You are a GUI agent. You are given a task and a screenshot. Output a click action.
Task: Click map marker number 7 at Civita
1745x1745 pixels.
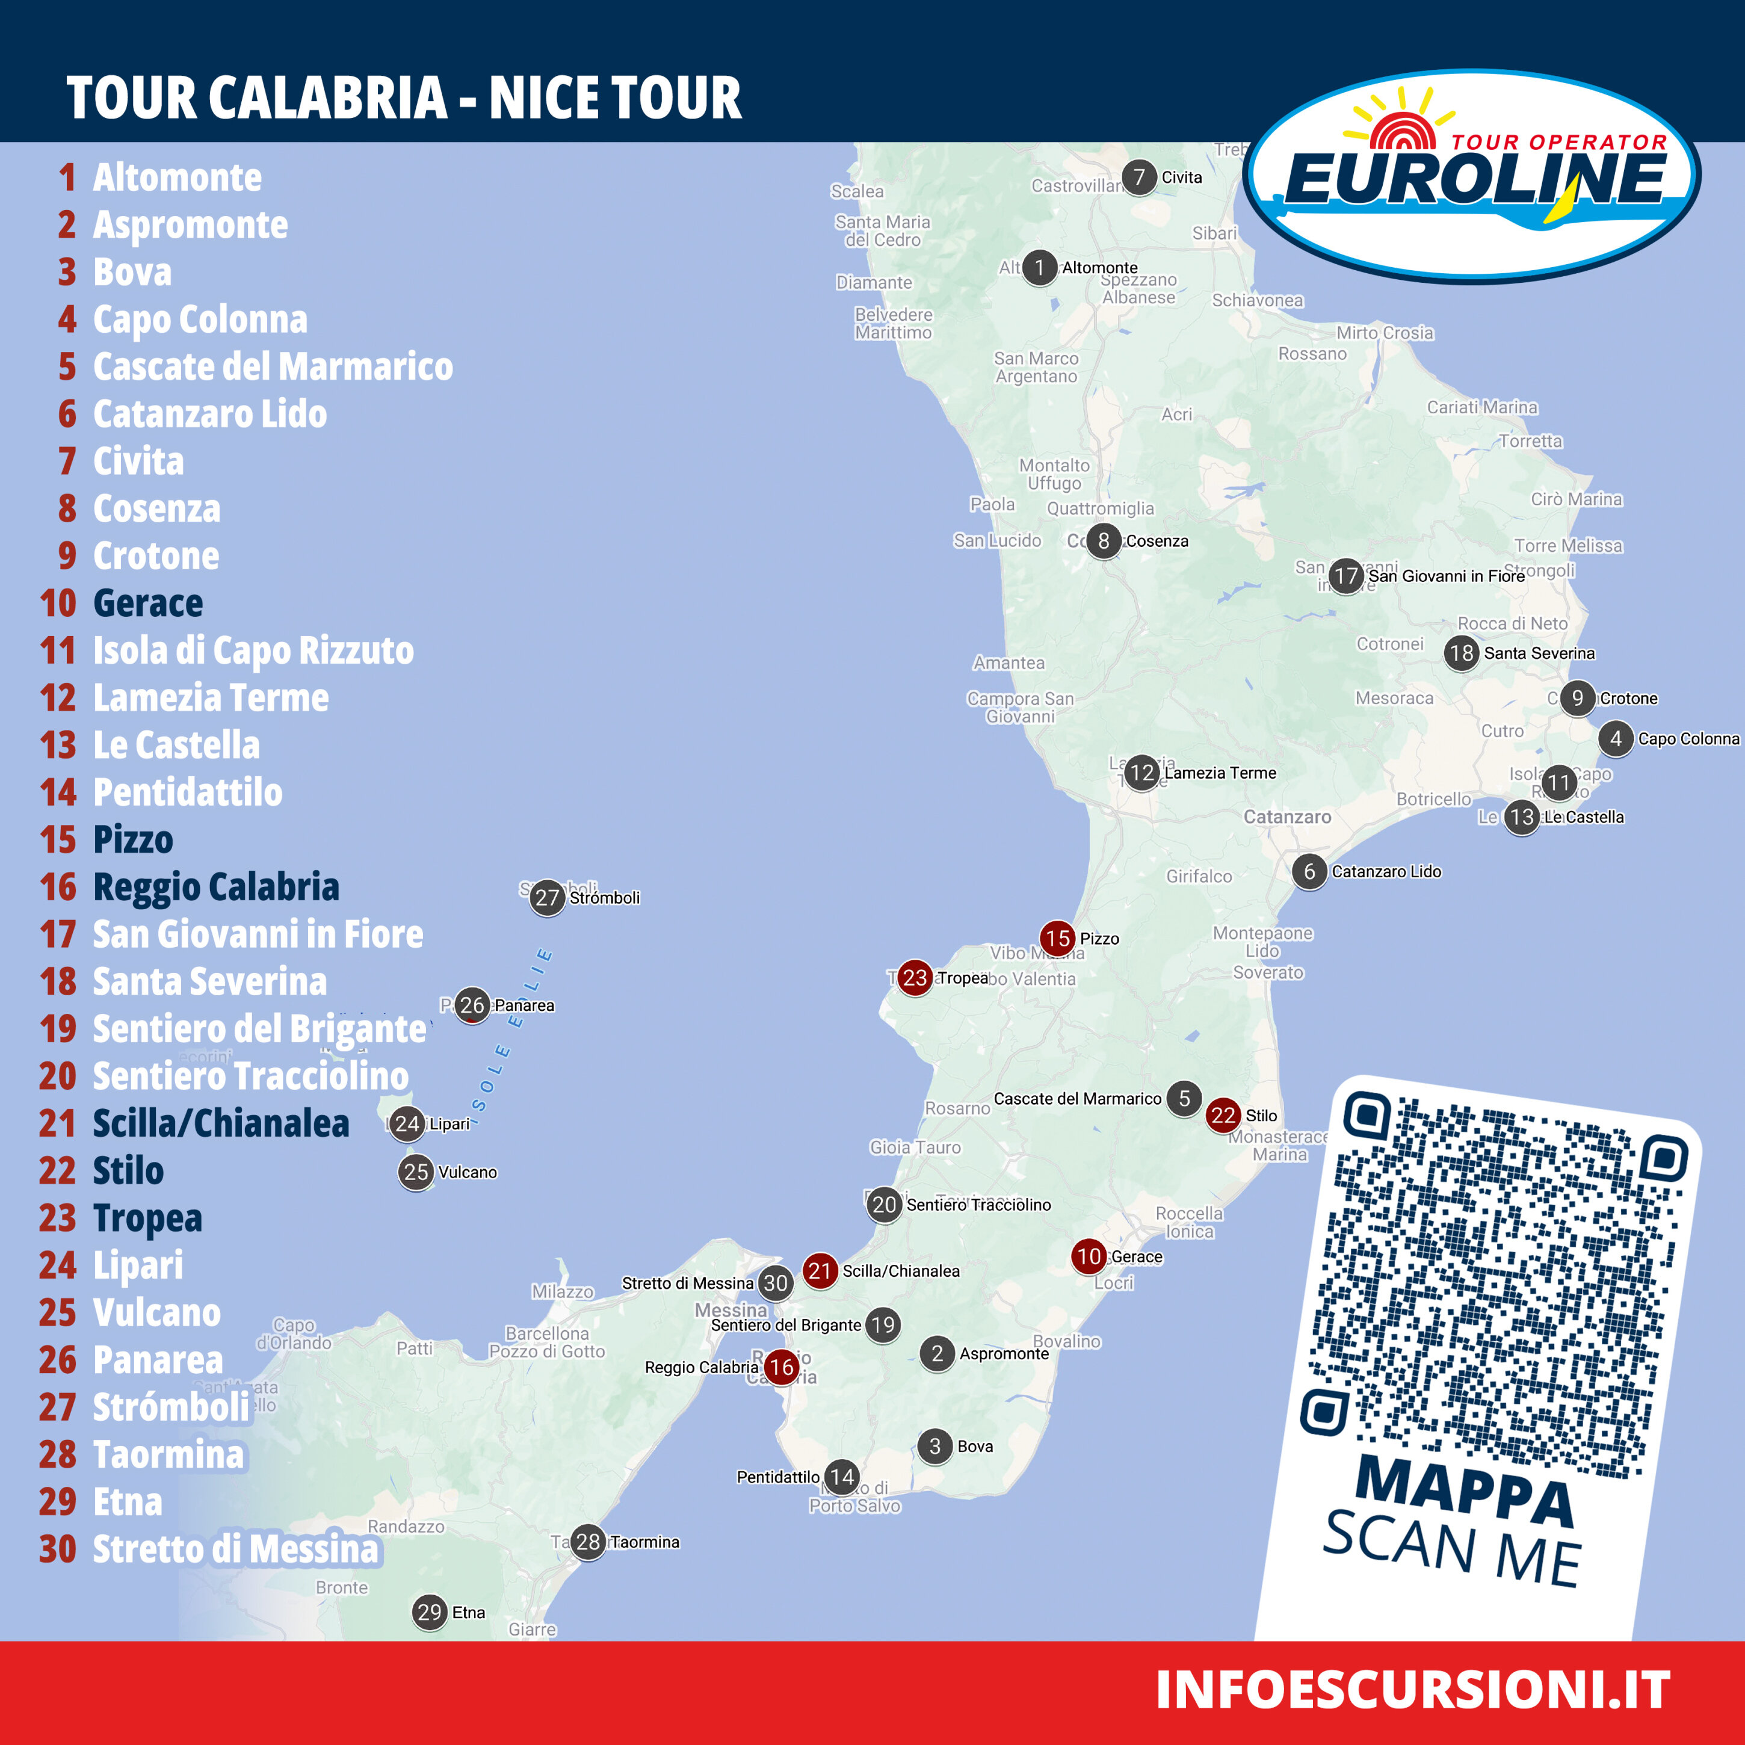pyautogui.click(x=1139, y=177)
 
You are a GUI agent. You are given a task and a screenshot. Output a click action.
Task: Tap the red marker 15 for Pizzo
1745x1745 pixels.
pyautogui.click(x=1058, y=939)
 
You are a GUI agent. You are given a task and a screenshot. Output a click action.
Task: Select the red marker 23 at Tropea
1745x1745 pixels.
pyautogui.click(x=915, y=977)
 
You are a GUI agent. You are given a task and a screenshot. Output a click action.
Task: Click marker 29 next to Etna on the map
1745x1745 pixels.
pyautogui.click(x=430, y=1612)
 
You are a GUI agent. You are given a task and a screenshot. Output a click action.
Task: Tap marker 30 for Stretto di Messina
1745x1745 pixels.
pyautogui.click(x=776, y=1282)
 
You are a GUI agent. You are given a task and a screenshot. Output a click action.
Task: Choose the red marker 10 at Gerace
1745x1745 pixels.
pyautogui.click(x=1089, y=1256)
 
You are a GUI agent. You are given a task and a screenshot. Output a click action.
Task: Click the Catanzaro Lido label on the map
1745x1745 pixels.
pyautogui.click(x=1386, y=871)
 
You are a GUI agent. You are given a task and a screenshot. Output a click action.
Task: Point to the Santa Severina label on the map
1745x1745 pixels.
pyautogui.click(x=1539, y=653)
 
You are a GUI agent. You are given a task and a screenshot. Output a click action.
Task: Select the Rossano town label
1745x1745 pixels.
pyautogui.click(x=1312, y=354)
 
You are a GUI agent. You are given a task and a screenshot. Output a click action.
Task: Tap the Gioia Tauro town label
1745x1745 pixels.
pyautogui.click(x=915, y=1147)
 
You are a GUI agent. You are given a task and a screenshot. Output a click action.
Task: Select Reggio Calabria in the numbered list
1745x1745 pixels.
pyautogui.click(x=216, y=887)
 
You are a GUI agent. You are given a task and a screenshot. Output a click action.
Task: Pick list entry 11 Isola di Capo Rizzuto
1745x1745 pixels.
pyautogui.click(x=253, y=650)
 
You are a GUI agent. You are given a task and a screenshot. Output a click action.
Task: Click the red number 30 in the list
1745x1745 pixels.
pyautogui.click(x=58, y=1549)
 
